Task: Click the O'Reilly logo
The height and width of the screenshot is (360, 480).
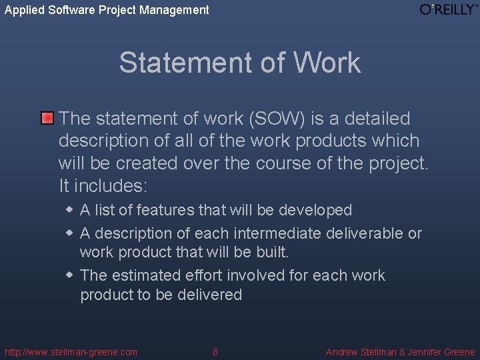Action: [448, 9]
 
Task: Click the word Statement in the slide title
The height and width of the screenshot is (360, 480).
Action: [180, 63]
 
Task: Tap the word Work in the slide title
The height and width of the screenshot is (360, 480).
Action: [326, 63]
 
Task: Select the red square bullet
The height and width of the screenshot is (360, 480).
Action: [47, 119]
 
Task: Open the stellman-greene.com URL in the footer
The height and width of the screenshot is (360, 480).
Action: [71, 352]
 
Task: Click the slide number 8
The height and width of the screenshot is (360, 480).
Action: [215, 352]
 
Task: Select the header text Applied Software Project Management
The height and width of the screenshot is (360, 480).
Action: [107, 10]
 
